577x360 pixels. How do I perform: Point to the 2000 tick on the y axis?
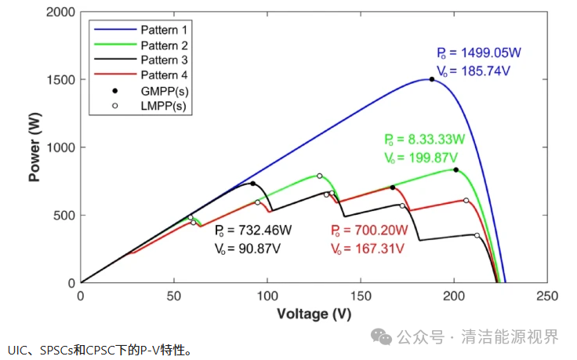(x=62, y=13)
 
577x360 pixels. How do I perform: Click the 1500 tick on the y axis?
(x=62, y=80)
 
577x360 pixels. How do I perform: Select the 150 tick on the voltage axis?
(x=361, y=296)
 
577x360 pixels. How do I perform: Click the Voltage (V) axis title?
(x=314, y=314)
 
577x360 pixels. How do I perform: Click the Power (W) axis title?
(x=35, y=147)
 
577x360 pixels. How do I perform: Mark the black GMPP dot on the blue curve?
(x=431, y=79)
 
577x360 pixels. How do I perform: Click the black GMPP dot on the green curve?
(x=455, y=169)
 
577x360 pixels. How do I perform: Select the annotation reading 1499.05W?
(x=488, y=53)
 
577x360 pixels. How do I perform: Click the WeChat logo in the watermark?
(x=383, y=336)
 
